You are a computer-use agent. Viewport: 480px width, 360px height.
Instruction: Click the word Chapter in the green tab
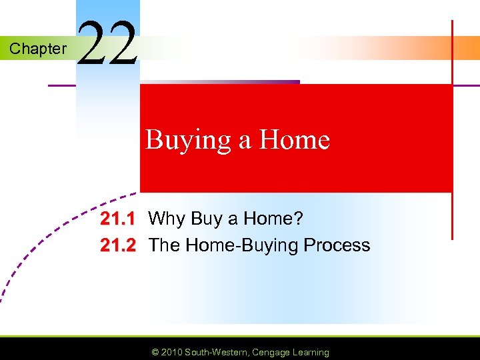point(38,49)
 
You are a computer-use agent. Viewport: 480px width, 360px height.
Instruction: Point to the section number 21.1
point(118,219)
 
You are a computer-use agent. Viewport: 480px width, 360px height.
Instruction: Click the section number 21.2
point(118,245)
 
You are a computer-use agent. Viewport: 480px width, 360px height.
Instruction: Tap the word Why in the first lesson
point(167,219)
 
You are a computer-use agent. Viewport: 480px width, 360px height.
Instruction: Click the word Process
point(337,245)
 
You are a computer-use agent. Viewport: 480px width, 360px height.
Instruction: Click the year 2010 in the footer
point(170,352)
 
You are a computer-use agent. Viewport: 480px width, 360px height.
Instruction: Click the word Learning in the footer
point(310,352)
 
